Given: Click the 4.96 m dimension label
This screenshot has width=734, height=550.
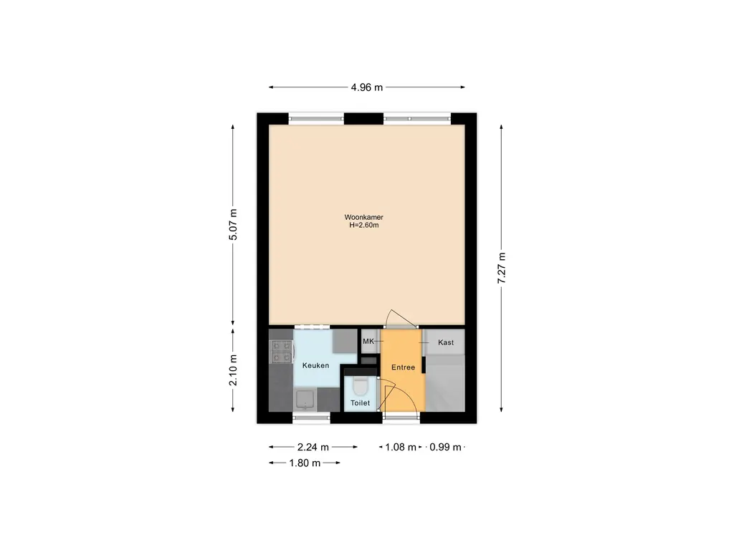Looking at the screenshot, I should [x=367, y=87].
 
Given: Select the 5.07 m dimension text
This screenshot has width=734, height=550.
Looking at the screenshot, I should [x=232, y=227].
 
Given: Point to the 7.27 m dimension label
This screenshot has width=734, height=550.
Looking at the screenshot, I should [x=502, y=269].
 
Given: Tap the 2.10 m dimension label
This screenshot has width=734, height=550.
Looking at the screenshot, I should [x=232, y=370].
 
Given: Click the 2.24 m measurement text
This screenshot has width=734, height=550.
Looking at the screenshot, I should [x=313, y=447].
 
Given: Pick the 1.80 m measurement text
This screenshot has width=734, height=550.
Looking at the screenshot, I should [x=304, y=463].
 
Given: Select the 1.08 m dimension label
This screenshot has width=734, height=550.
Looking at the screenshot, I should [x=401, y=447].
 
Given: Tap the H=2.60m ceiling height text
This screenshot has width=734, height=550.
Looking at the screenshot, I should [x=363, y=226].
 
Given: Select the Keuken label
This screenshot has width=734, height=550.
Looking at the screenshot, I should [x=315, y=366].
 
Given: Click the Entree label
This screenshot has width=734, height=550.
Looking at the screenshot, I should [x=403, y=367].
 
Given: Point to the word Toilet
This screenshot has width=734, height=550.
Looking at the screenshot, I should [x=360, y=404].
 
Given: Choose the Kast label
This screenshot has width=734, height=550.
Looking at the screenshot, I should [x=446, y=343].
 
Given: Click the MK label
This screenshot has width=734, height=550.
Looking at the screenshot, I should [x=368, y=342].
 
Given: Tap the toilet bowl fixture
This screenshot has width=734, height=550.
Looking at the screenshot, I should [x=360, y=387].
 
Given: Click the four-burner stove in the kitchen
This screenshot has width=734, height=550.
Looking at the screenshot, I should [x=281, y=350].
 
